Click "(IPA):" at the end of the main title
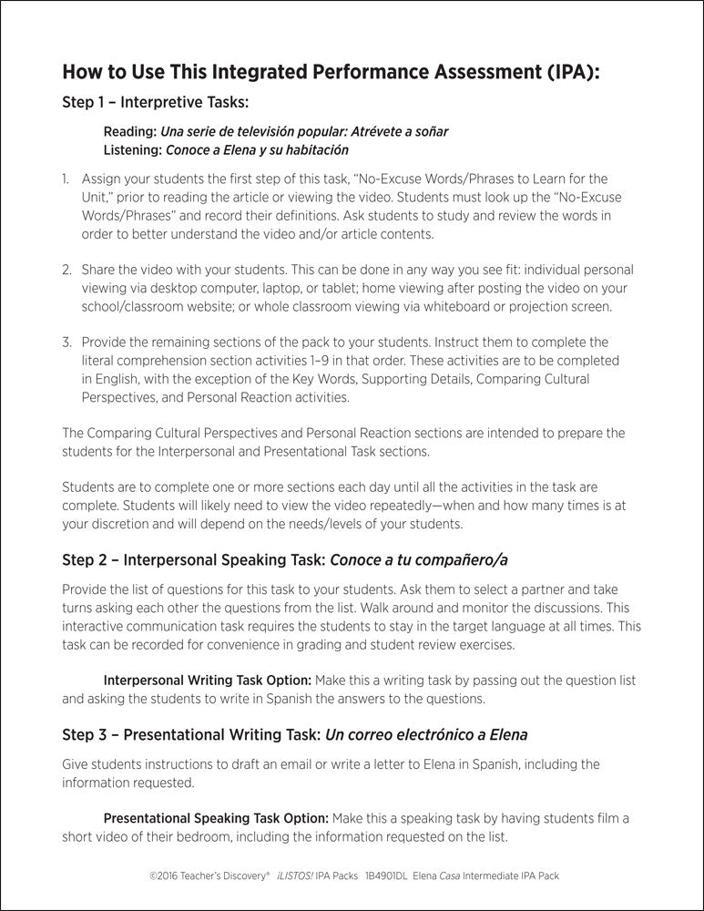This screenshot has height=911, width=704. click(570, 72)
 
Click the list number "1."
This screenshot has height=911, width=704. click(66, 179)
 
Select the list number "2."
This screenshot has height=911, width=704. click(66, 271)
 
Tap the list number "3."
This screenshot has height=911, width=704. click(66, 342)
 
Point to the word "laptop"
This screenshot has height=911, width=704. click(352, 288)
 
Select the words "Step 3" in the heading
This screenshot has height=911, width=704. click(85, 733)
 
